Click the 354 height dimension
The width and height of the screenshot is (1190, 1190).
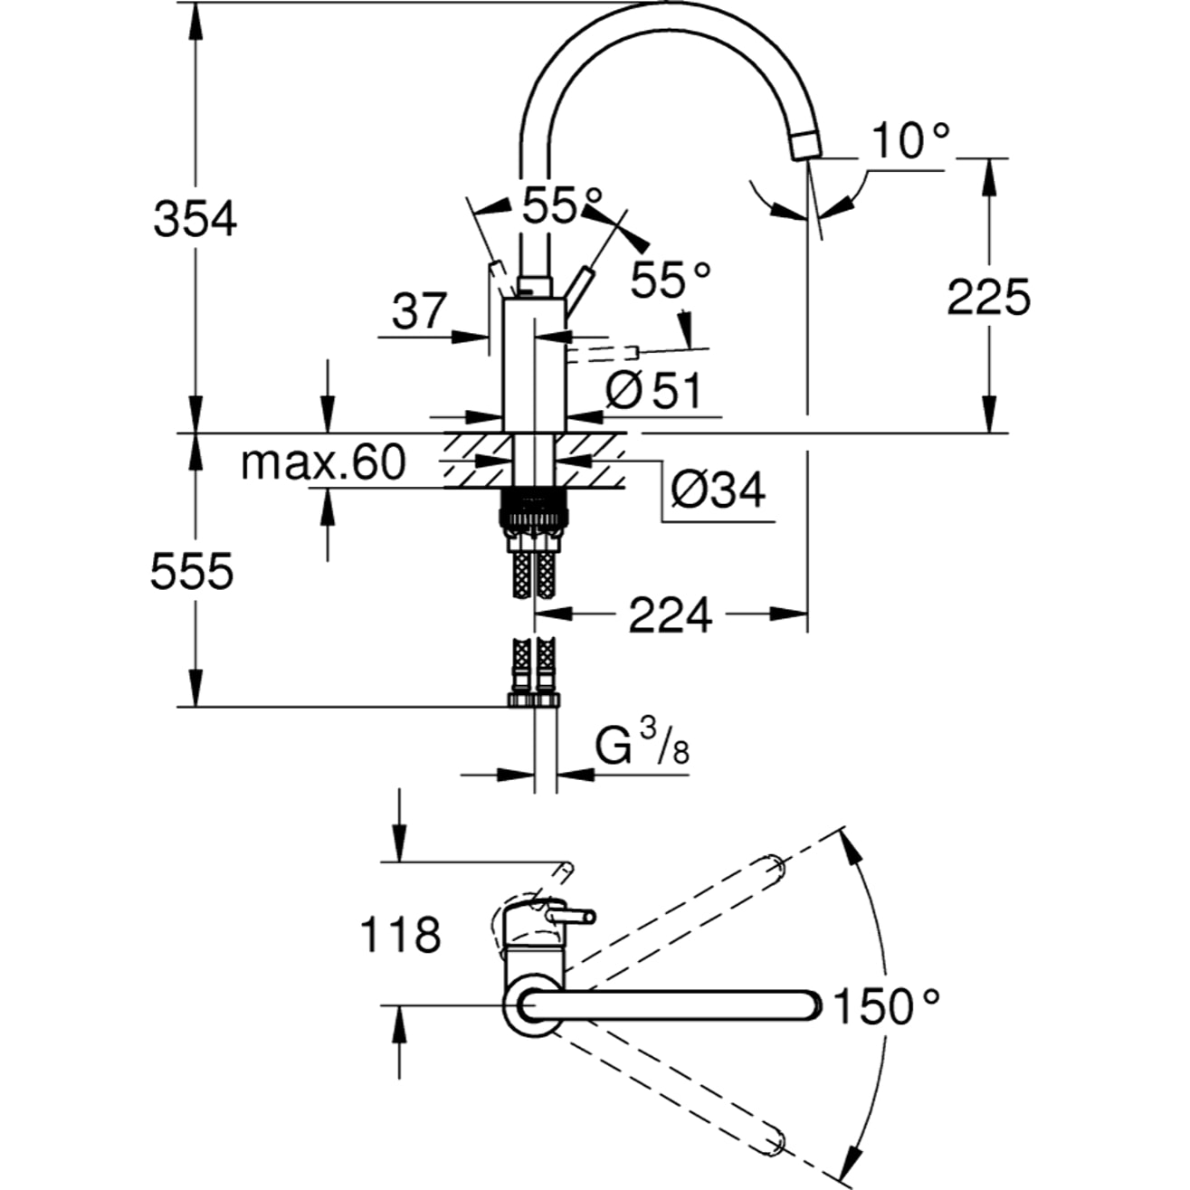(x=195, y=219)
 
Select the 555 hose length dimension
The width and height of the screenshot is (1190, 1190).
(x=192, y=571)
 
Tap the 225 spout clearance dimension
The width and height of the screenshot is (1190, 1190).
(x=988, y=297)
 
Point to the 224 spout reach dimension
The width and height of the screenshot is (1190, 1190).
(x=671, y=616)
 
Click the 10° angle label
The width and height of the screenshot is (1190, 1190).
(x=911, y=141)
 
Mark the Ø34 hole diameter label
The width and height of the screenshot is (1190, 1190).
(x=718, y=490)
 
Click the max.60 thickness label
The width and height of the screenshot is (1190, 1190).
(x=322, y=463)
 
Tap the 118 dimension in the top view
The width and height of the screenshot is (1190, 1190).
(x=400, y=934)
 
